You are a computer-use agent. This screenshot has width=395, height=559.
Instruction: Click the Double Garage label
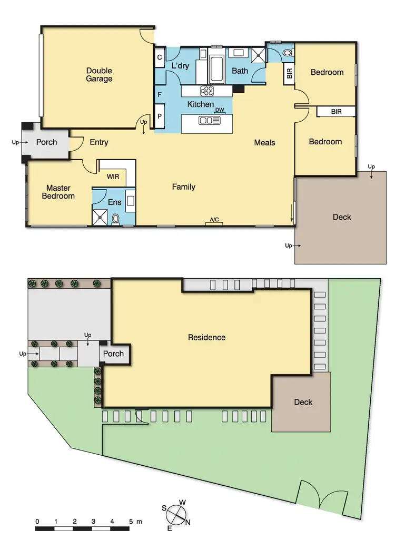tap(99, 75)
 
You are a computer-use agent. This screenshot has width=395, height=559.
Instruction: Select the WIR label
tap(113, 178)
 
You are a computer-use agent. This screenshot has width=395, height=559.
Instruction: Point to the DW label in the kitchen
tap(220, 110)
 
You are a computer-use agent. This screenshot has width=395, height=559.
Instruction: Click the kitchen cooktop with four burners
tap(206, 91)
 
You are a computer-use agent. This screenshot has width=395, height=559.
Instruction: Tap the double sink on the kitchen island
tap(209, 121)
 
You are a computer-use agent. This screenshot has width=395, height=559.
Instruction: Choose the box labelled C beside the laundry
tap(159, 58)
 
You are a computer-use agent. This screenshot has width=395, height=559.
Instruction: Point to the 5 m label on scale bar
tap(134, 522)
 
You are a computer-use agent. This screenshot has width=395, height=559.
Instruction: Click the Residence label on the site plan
tap(206, 337)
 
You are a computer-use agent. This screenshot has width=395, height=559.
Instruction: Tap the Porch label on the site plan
tap(113, 354)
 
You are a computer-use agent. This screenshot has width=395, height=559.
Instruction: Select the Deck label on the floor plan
tap(342, 217)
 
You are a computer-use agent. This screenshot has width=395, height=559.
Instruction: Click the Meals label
tap(264, 142)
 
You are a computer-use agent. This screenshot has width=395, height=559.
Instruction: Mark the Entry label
tap(99, 142)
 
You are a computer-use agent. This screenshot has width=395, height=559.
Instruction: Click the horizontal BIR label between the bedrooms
tap(336, 112)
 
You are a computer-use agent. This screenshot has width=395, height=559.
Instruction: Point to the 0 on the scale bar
tap(37, 522)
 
